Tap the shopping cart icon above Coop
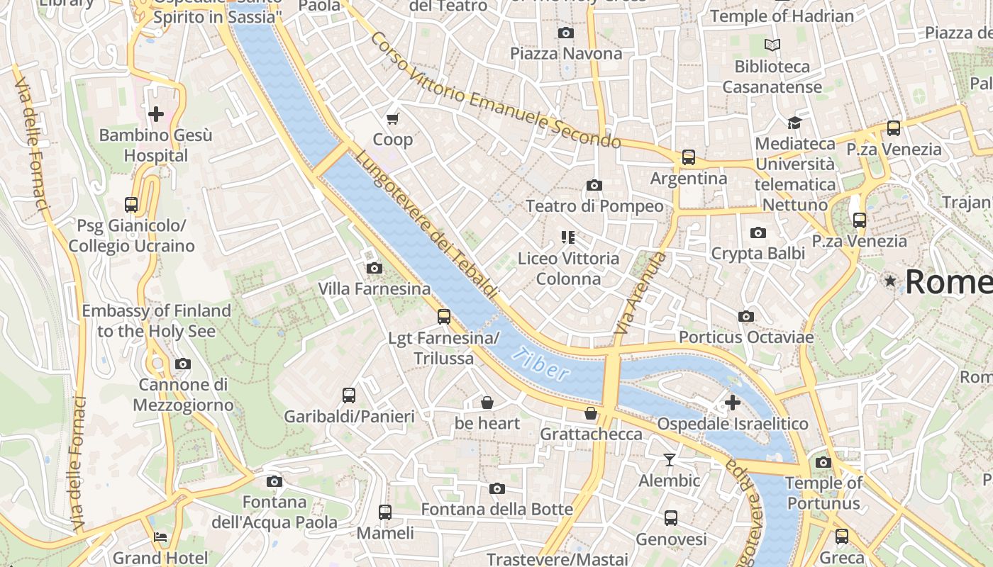coord(392,118)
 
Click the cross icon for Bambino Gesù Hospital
coord(156,113)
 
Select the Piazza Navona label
coord(566,54)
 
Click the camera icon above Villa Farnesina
coord(374,268)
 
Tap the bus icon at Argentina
coord(688,157)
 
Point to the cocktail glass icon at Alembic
coord(669,460)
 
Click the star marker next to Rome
coord(890,281)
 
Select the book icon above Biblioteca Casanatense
coord(772,45)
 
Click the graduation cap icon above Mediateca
coord(794,123)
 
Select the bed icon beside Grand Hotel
coord(160,537)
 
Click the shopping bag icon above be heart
coord(487,403)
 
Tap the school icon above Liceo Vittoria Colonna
coord(567,237)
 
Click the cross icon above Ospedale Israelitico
coord(732,403)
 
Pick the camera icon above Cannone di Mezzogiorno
coord(183,364)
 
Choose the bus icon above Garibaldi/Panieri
coord(348,395)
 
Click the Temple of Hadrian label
coord(782,16)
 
